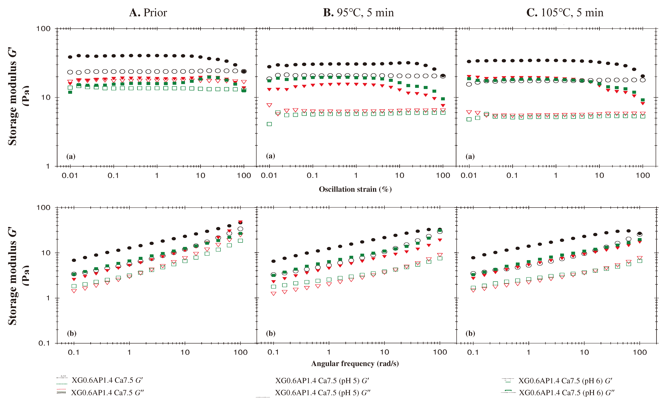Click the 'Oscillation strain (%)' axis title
[355, 189]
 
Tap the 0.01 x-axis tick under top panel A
[70, 176]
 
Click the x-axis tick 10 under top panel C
[599, 176]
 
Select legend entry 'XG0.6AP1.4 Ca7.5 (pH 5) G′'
[322, 381]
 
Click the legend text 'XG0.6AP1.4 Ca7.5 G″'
[107, 393]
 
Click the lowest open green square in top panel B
[269, 124]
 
